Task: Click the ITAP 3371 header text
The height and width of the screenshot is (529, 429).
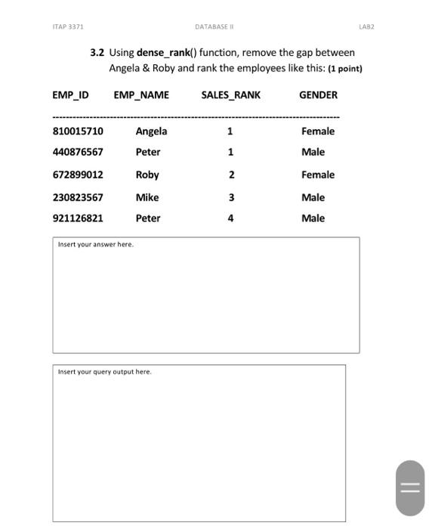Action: pos(68,26)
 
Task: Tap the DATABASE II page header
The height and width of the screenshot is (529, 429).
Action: pos(214,26)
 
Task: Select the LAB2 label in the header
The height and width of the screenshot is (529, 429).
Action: pos(366,26)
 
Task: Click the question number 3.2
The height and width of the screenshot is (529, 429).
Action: pos(97,53)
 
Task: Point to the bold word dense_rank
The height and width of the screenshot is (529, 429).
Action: pos(163,53)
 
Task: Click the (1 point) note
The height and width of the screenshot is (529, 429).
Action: pos(345,69)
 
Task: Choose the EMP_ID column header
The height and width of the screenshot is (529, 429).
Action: pos(70,95)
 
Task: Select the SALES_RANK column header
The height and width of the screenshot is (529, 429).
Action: pos(230,95)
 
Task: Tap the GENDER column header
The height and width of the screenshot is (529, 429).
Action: pos(318,95)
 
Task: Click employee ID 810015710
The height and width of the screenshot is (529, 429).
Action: pos(78,131)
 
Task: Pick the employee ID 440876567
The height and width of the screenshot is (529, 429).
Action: pos(78,152)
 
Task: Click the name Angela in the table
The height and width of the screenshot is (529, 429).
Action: pos(151,131)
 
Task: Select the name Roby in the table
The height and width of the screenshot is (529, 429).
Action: pos(147,175)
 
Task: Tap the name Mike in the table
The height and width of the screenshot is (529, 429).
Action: pos(147,197)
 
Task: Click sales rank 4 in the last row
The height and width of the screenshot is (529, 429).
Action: pos(230,218)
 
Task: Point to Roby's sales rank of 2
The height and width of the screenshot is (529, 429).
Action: pos(231,175)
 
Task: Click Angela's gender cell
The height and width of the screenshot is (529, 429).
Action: pos(317,131)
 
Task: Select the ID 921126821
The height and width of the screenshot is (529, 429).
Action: pos(78,218)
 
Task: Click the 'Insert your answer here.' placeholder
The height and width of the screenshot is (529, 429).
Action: pos(96,245)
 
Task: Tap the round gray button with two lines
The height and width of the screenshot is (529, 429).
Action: pos(409,488)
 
